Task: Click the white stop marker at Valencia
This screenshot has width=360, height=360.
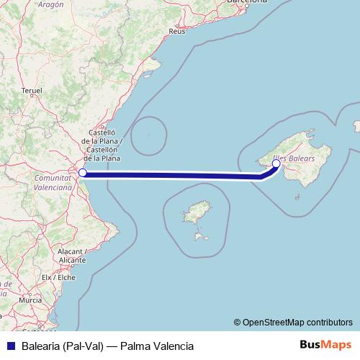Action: click(83, 173)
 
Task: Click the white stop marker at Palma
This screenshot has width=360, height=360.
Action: click(276, 163)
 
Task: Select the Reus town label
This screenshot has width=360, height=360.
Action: click(176, 32)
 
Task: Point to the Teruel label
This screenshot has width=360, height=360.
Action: click(33, 91)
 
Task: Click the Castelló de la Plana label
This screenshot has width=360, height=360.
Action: click(102, 145)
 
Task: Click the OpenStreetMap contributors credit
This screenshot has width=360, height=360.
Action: click(297, 322)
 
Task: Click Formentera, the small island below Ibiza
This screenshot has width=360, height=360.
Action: click(198, 236)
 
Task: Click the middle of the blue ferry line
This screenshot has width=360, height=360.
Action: click(173, 174)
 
